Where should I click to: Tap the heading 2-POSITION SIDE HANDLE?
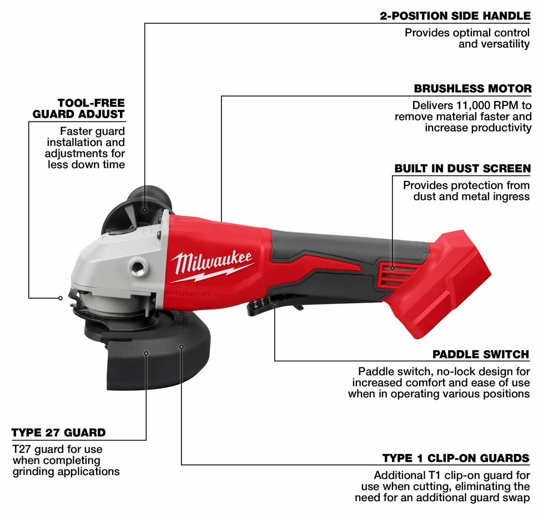(455, 16)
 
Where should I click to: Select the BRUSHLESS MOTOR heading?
(472, 89)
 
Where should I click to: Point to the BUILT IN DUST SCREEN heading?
(462, 169)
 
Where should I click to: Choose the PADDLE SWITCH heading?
(481, 355)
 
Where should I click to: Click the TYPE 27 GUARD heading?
(58, 433)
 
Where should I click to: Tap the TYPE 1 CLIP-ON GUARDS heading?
(456, 458)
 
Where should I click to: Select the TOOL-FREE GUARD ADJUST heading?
(79, 108)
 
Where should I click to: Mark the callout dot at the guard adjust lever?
(61, 298)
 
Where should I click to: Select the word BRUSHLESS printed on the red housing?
(192, 295)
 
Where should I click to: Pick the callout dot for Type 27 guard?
(146, 354)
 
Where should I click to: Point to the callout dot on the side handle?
(145, 210)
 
